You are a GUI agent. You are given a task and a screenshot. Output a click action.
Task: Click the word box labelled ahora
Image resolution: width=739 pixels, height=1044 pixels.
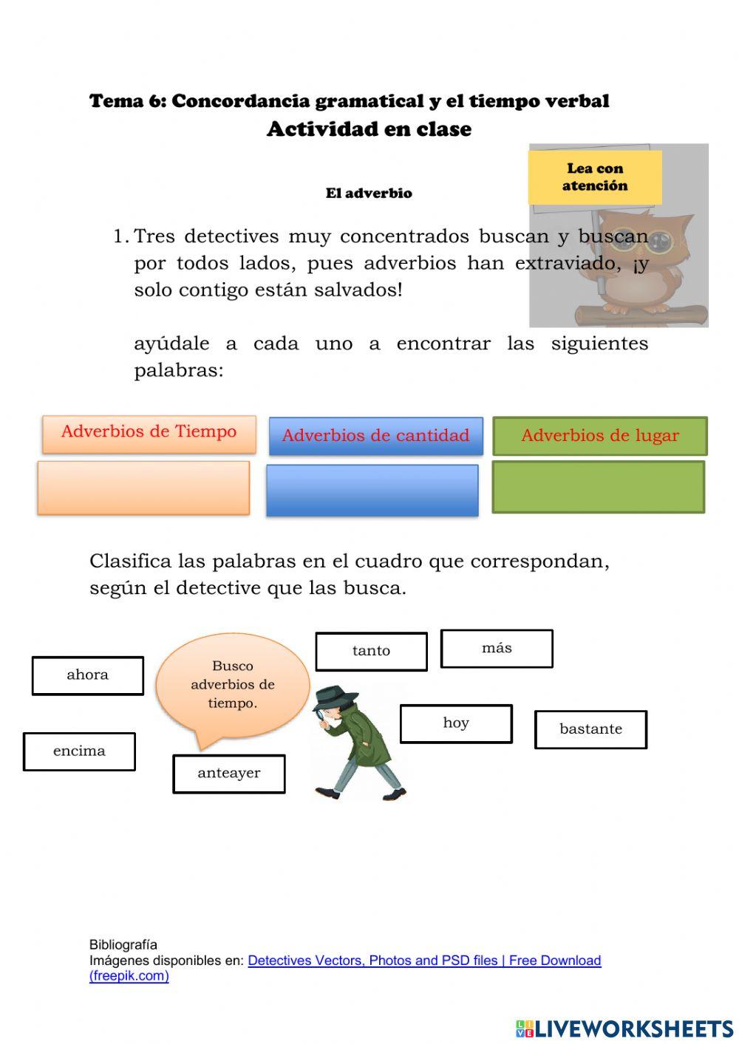(x=87, y=675)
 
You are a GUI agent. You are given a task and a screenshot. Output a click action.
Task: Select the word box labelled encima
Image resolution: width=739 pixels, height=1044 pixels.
(x=79, y=751)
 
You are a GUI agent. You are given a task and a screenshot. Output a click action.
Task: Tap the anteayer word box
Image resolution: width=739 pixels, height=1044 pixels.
(x=228, y=774)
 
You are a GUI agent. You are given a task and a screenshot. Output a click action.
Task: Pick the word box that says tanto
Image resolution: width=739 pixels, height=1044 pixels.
(x=371, y=651)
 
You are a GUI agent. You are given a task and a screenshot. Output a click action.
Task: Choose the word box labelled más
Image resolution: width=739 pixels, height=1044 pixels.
(x=497, y=648)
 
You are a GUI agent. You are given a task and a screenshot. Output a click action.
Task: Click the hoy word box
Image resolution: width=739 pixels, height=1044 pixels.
(x=456, y=723)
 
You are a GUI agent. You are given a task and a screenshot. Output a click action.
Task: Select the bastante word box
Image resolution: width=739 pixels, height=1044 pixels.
(x=590, y=729)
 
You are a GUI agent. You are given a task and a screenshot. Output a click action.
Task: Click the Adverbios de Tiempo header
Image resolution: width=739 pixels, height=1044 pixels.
(x=149, y=433)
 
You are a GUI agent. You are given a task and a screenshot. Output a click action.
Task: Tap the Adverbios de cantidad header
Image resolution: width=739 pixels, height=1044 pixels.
(x=375, y=436)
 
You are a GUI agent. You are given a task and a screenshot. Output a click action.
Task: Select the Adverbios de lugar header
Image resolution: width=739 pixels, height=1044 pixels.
(x=599, y=436)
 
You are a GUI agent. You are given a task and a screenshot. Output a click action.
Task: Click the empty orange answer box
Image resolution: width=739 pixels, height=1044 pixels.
(x=143, y=488)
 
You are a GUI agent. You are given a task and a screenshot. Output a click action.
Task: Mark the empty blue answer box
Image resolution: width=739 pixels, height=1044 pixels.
(x=372, y=490)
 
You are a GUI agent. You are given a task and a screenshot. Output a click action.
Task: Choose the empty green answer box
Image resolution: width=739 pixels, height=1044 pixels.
(x=598, y=487)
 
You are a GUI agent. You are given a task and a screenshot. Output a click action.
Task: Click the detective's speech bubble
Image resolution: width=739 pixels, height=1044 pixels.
(x=232, y=685)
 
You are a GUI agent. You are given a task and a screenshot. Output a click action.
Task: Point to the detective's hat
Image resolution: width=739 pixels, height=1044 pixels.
(x=334, y=697)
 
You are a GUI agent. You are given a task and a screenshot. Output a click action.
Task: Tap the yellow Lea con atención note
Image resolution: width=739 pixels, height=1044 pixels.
(x=595, y=177)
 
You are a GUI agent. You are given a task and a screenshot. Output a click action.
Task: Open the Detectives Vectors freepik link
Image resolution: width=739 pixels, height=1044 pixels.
(x=423, y=961)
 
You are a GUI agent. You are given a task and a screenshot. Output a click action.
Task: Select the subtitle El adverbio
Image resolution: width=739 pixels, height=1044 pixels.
(x=369, y=194)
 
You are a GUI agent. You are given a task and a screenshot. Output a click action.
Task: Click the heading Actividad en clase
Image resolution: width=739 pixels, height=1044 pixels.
(x=369, y=129)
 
